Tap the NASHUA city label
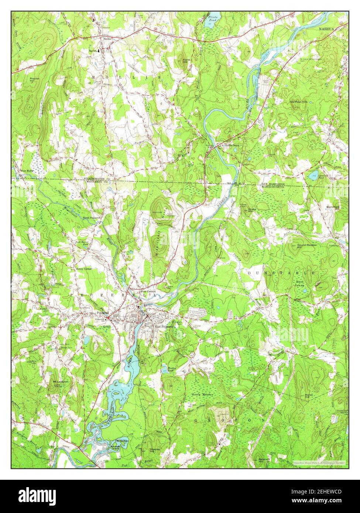pyautogui.click(x=327, y=28)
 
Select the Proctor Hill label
pyautogui.click(x=36, y=80)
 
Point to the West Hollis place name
pyautogui.click(x=27, y=171)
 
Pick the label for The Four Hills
pyautogui.click(x=298, y=101)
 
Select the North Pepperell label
pyautogui.click(x=91, y=218)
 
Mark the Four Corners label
pyautogui.click(x=148, y=291)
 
